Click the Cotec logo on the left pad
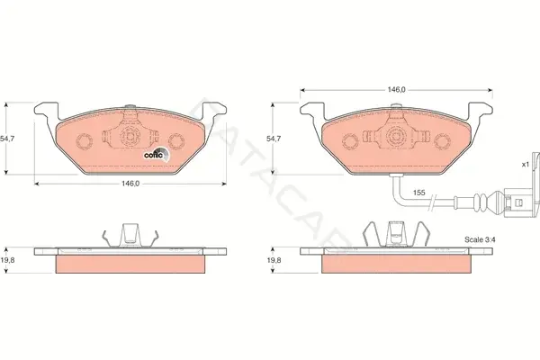click(157, 155)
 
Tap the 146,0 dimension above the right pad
click(397, 90)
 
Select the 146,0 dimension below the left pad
click(130, 184)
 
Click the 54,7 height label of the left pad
click(6, 139)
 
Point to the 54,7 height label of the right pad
click(274, 139)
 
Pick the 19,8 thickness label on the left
click(7, 260)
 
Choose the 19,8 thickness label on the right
click(274, 260)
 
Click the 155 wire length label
click(419, 193)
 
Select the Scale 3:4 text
click(480, 239)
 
